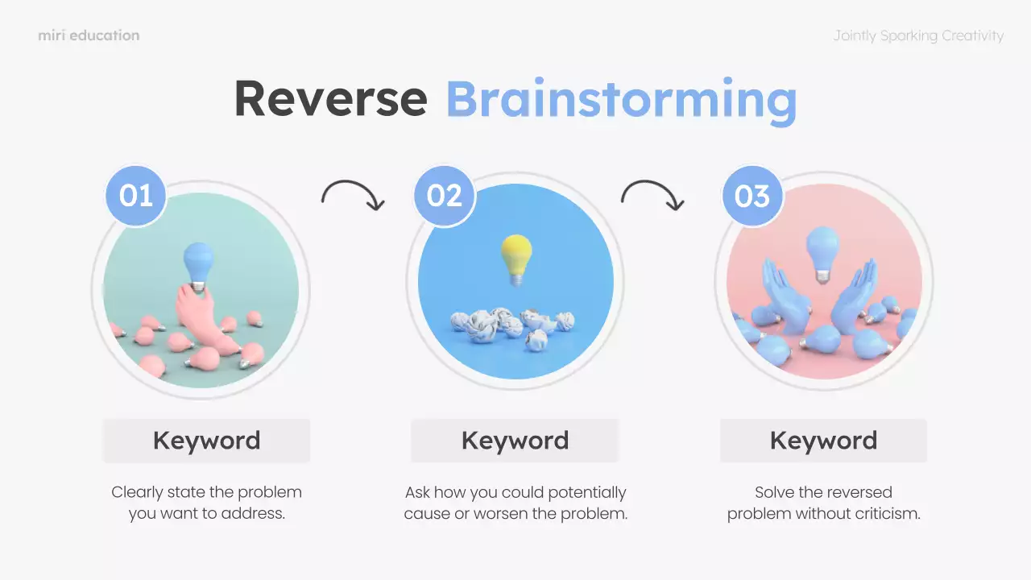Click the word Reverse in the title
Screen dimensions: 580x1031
click(x=330, y=98)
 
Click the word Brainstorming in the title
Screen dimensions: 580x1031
click(x=621, y=100)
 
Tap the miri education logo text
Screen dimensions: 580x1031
click(x=89, y=35)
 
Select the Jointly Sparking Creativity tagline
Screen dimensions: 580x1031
click(x=918, y=35)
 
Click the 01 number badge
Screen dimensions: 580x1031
click(x=135, y=196)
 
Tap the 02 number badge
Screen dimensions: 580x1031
click(x=444, y=196)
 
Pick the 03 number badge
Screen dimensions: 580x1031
click(x=752, y=196)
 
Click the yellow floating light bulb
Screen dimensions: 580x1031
click(x=516, y=255)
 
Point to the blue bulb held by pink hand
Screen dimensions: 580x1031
click(x=198, y=263)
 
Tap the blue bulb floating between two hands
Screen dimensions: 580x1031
click(x=822, y=249)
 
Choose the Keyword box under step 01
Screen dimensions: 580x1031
click(x=206, y=441)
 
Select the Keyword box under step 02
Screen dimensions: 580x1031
click(x=515, y=441)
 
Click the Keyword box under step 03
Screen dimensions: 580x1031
click(x=823, y=441)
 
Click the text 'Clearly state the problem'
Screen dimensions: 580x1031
click(x=206, y=492)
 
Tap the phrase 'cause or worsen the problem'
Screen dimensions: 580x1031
click(x=515, y=513)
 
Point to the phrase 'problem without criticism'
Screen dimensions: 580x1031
click(x=823, y=513)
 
